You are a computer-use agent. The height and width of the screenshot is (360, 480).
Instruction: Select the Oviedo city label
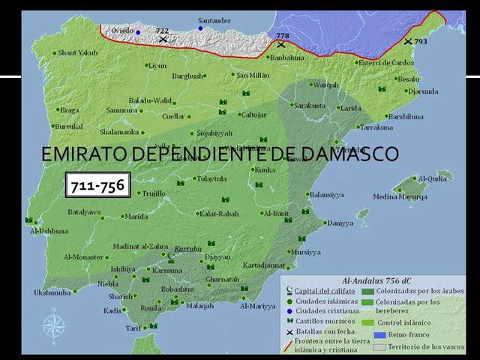tap(121, 30)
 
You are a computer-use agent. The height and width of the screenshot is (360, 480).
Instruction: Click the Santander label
tap(214, 20)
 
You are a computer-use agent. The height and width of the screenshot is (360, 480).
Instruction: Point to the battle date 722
tap(162, 30)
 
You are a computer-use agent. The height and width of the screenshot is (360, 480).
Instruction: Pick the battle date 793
tap(420, 41)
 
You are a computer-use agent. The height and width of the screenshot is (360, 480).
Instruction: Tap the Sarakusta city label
tap(309, 106)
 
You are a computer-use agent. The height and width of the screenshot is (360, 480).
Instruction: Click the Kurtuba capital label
tap(187, 248)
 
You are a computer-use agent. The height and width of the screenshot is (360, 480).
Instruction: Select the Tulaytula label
tap(211, 178)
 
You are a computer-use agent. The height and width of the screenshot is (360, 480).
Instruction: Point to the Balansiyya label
tap(326, 194)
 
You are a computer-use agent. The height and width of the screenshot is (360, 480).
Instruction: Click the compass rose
tap(53, 325)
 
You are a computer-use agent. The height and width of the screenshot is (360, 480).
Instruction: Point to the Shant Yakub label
tap(77, 53)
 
